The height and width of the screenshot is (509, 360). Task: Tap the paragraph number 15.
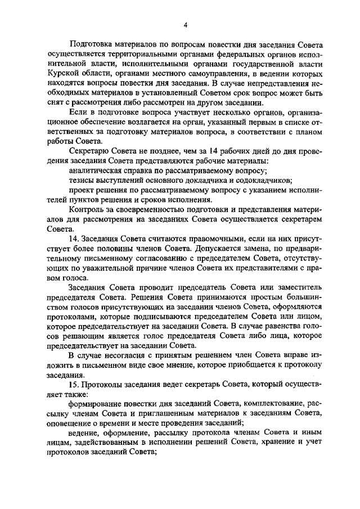point(73,384)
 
